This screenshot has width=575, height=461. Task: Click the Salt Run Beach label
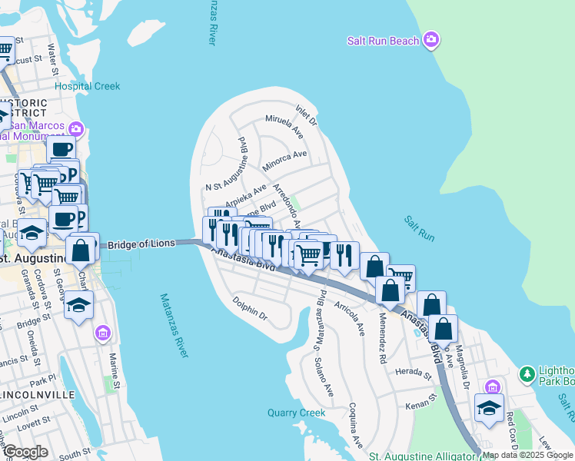tap(383, 41)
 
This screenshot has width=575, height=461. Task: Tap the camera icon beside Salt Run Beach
tap(431, 39)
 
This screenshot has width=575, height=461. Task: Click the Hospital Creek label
tap(87, 86)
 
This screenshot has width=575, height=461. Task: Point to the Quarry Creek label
tap(297, 413)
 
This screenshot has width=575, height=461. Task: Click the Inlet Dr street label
tap(306, 114)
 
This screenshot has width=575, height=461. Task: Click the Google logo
tap(25, 452)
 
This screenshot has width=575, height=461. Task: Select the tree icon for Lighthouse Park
tap(527, 374)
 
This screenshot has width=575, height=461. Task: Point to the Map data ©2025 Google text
tap(528, 455)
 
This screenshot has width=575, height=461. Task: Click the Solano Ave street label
tap(324, 378)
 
